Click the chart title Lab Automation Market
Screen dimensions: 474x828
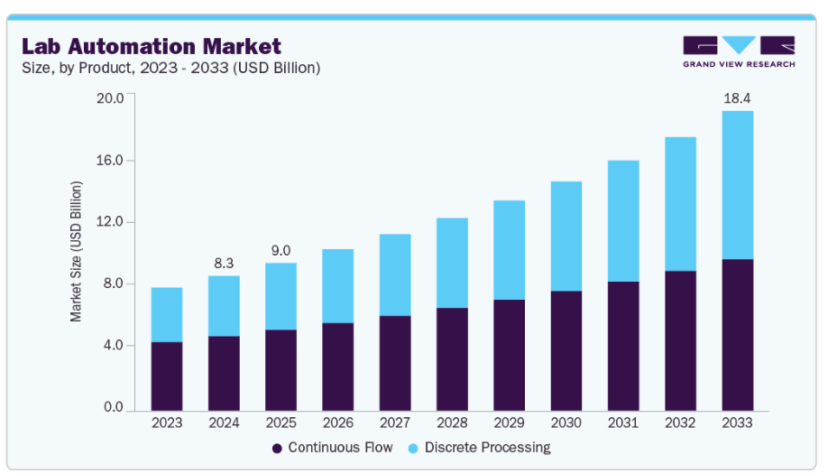click(152, 45)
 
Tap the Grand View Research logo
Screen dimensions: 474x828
click(739, 51)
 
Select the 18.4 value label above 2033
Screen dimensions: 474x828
click(737, 97)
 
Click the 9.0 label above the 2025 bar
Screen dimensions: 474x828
click(281, 249)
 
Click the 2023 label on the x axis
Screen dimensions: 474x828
click(167, 422)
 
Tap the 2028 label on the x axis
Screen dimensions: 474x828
click(452, 422)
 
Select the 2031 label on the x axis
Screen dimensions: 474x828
click(623, 422)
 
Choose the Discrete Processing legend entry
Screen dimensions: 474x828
click(479, 447)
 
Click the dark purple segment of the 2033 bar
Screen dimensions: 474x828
click(737, 333)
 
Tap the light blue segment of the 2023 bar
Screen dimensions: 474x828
click(167, 314)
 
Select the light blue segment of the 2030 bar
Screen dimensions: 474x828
click(566, 236)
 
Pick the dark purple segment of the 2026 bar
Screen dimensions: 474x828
click(338, 365)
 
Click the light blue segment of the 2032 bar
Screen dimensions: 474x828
click(680, 204)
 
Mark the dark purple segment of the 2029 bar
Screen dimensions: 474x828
click(509, 353)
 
